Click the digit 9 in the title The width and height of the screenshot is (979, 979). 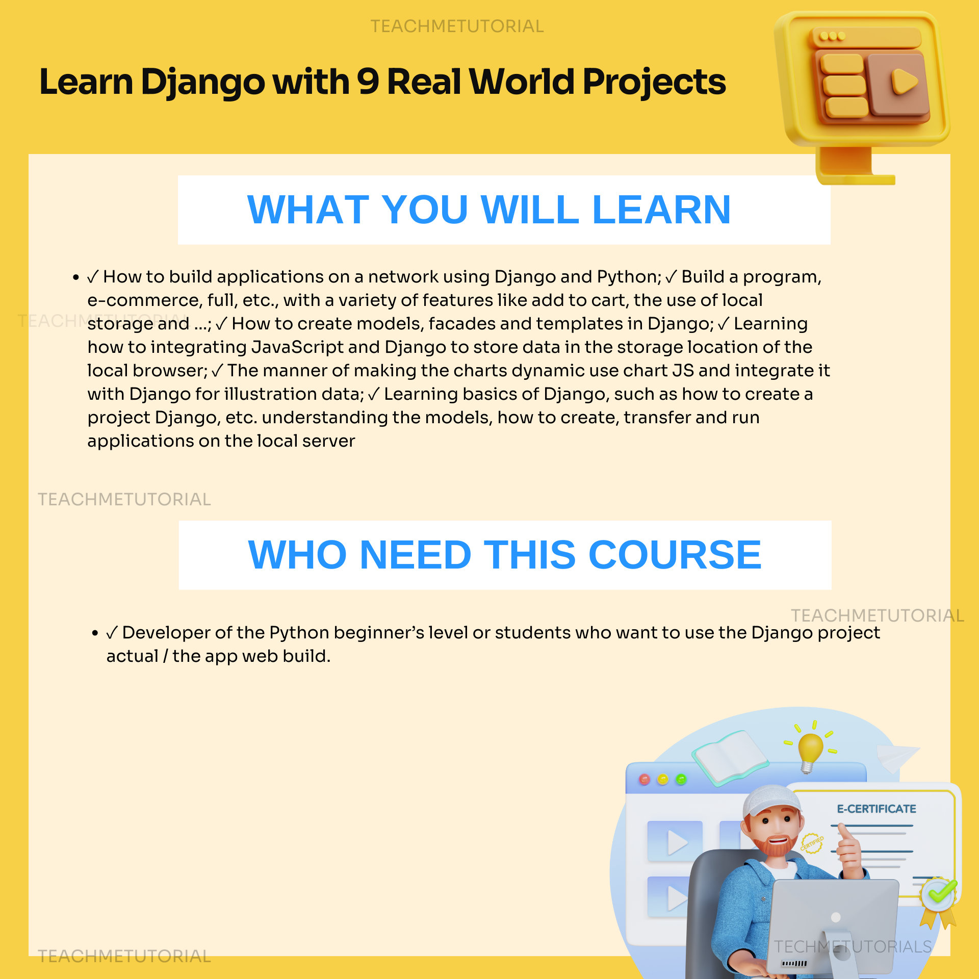(368, 82)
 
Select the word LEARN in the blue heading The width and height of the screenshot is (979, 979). (661, 210)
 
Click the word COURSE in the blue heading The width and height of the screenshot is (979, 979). (675, 555)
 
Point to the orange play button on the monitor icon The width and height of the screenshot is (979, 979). (904, 82)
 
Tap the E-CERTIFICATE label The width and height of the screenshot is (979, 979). (876, 809)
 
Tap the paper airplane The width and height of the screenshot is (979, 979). (897, 757)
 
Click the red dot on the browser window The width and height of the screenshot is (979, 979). (645, 780)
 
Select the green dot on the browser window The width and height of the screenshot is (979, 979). (681, 780)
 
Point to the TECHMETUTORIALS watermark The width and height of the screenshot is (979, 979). (853, 947)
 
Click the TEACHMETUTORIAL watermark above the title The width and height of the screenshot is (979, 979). (457, 26)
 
